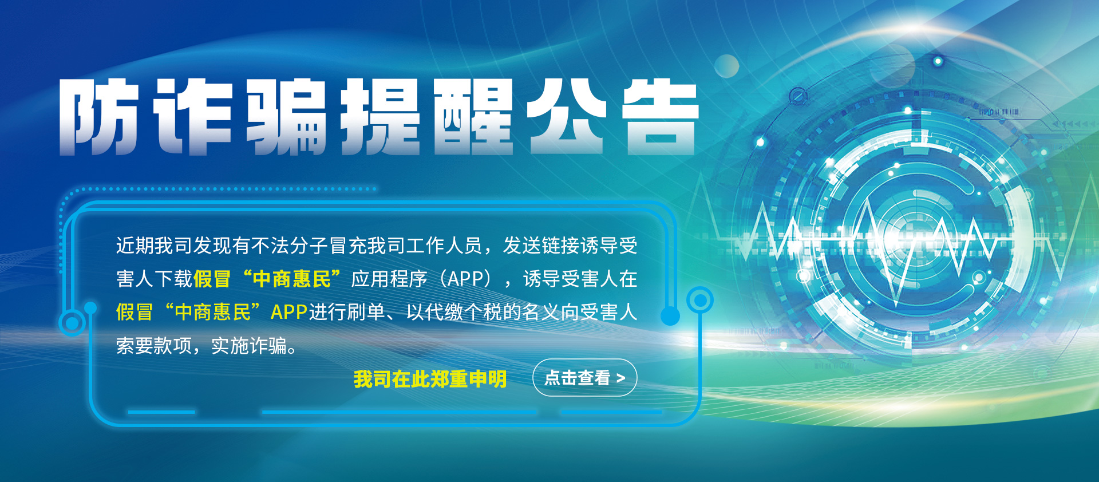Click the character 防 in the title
98,117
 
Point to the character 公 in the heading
566,117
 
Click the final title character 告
660,117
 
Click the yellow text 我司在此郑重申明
430,378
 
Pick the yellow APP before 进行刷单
289,312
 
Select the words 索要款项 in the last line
154,345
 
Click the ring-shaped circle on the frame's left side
72,323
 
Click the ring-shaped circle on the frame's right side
699,299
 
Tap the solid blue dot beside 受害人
670,315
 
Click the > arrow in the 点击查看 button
620,378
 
